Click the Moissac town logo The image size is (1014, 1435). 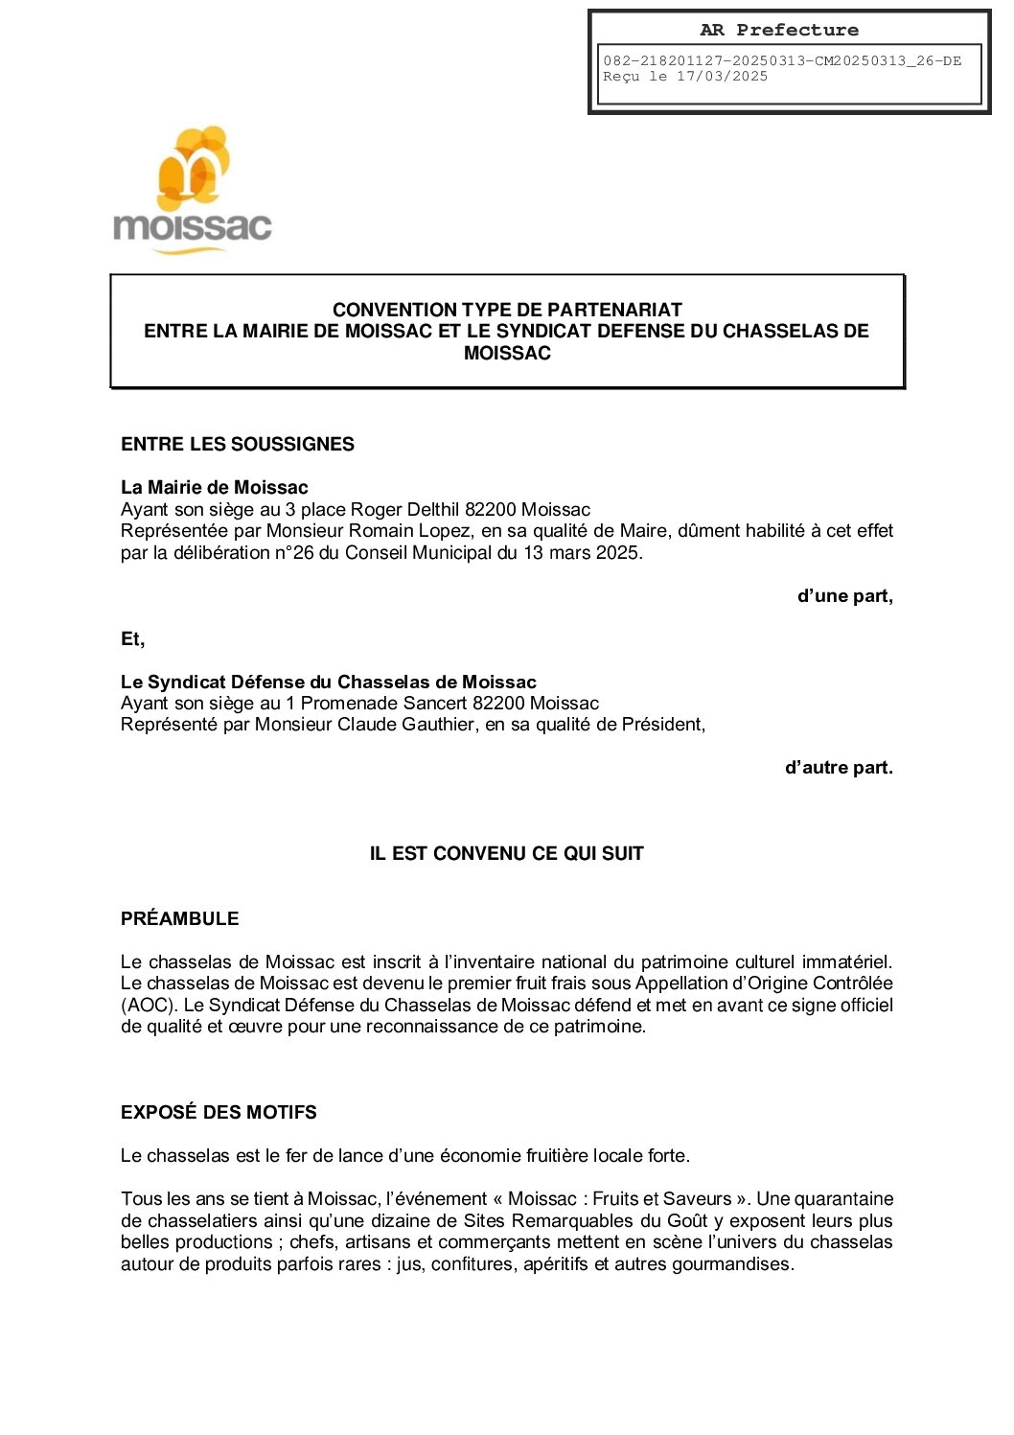(x=192, y=190)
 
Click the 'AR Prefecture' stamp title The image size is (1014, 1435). (x=778, y=31)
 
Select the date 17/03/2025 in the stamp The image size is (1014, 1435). (x=722, y=77)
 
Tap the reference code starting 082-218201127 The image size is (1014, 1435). (x=781, y=61)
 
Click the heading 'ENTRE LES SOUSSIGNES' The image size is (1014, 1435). (x=237, y=444)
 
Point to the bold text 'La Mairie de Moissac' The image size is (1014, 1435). (x=214, y=487)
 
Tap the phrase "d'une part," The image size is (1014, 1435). (x=844, y=596)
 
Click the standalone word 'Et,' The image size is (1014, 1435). (x=132, y=639)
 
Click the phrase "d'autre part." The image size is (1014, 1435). (x=839, y=768)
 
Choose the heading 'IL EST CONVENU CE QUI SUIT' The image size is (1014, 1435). (x=506, y=853)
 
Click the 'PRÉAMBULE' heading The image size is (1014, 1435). (x=179, y=918)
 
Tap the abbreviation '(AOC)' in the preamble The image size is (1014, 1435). (x=149, y=1006)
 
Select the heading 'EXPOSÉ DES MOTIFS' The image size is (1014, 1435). (x=219, y=1112)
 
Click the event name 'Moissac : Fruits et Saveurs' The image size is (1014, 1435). (x=620, y=1199)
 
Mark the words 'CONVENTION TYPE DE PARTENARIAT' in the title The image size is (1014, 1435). (x=507, y=310)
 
